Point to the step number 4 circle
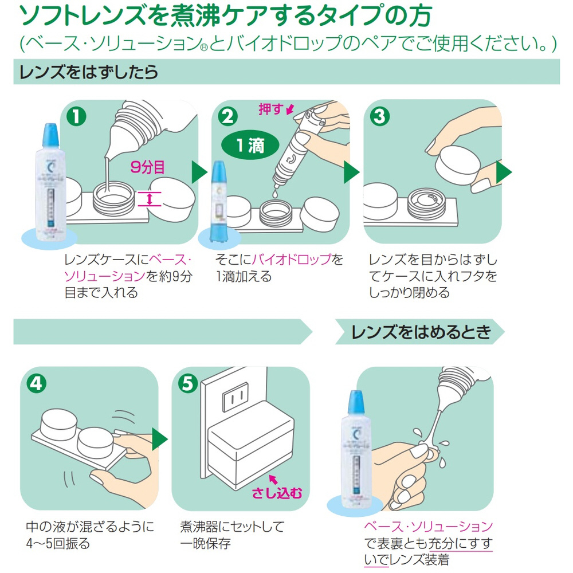[36, 383]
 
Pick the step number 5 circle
[187, 383]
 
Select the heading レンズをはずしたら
[89, 72]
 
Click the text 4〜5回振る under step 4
[58, 543]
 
